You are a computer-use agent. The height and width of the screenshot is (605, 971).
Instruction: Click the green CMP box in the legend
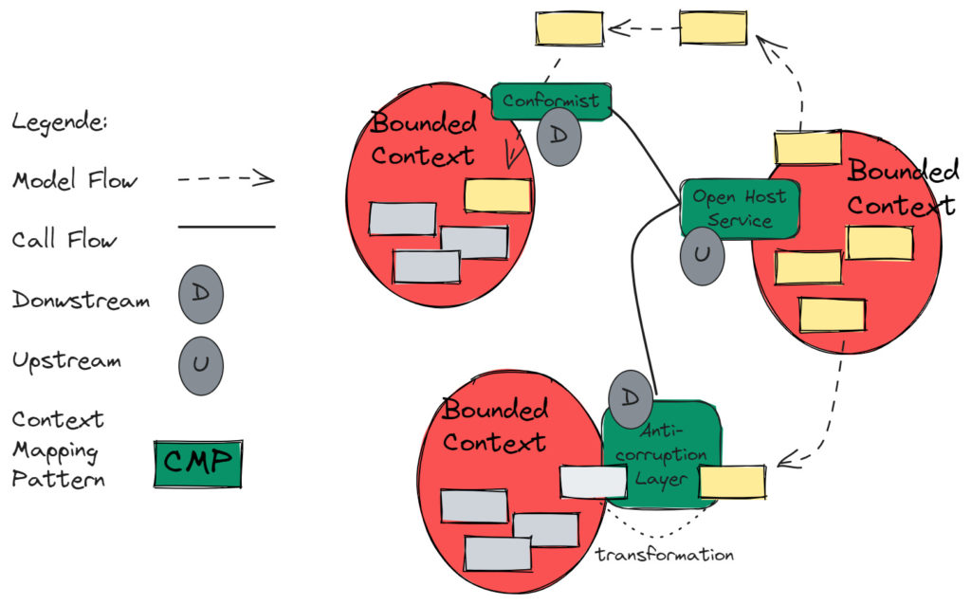(x=198, y=463)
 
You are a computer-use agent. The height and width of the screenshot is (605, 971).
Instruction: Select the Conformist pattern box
(x=551, y=101)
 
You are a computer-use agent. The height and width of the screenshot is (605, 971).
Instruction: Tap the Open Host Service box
(x=740, y=209)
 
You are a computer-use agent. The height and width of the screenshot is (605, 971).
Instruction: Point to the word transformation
(x=664, y=555)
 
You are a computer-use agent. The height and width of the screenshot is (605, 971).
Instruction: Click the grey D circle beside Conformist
(x=559, y=137)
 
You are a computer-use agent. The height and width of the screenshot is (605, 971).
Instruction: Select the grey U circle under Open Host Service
(x=702, y=256)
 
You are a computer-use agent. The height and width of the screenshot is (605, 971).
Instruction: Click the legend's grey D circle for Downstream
(x=200, y=294)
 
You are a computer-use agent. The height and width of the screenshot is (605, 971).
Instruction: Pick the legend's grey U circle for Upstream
(x=200, y=365)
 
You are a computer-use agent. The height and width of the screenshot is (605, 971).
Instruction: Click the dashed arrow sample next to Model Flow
(x=226, y=179)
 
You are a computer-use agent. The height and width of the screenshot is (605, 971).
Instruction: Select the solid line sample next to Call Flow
(x=226, y=228)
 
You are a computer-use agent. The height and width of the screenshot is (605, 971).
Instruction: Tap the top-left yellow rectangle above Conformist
(x=569, y=28)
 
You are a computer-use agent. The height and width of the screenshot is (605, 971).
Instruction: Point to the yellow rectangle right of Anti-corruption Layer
(x=732, y=482)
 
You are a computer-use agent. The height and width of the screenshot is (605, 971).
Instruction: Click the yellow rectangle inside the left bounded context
(x=497, y=195)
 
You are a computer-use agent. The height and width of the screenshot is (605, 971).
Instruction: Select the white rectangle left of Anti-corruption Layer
(x=593, y=482)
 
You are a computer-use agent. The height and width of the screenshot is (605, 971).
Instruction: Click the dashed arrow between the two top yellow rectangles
(x=643, y=28)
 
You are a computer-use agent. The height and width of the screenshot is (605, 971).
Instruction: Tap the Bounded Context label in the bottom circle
(x=495, y=426)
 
